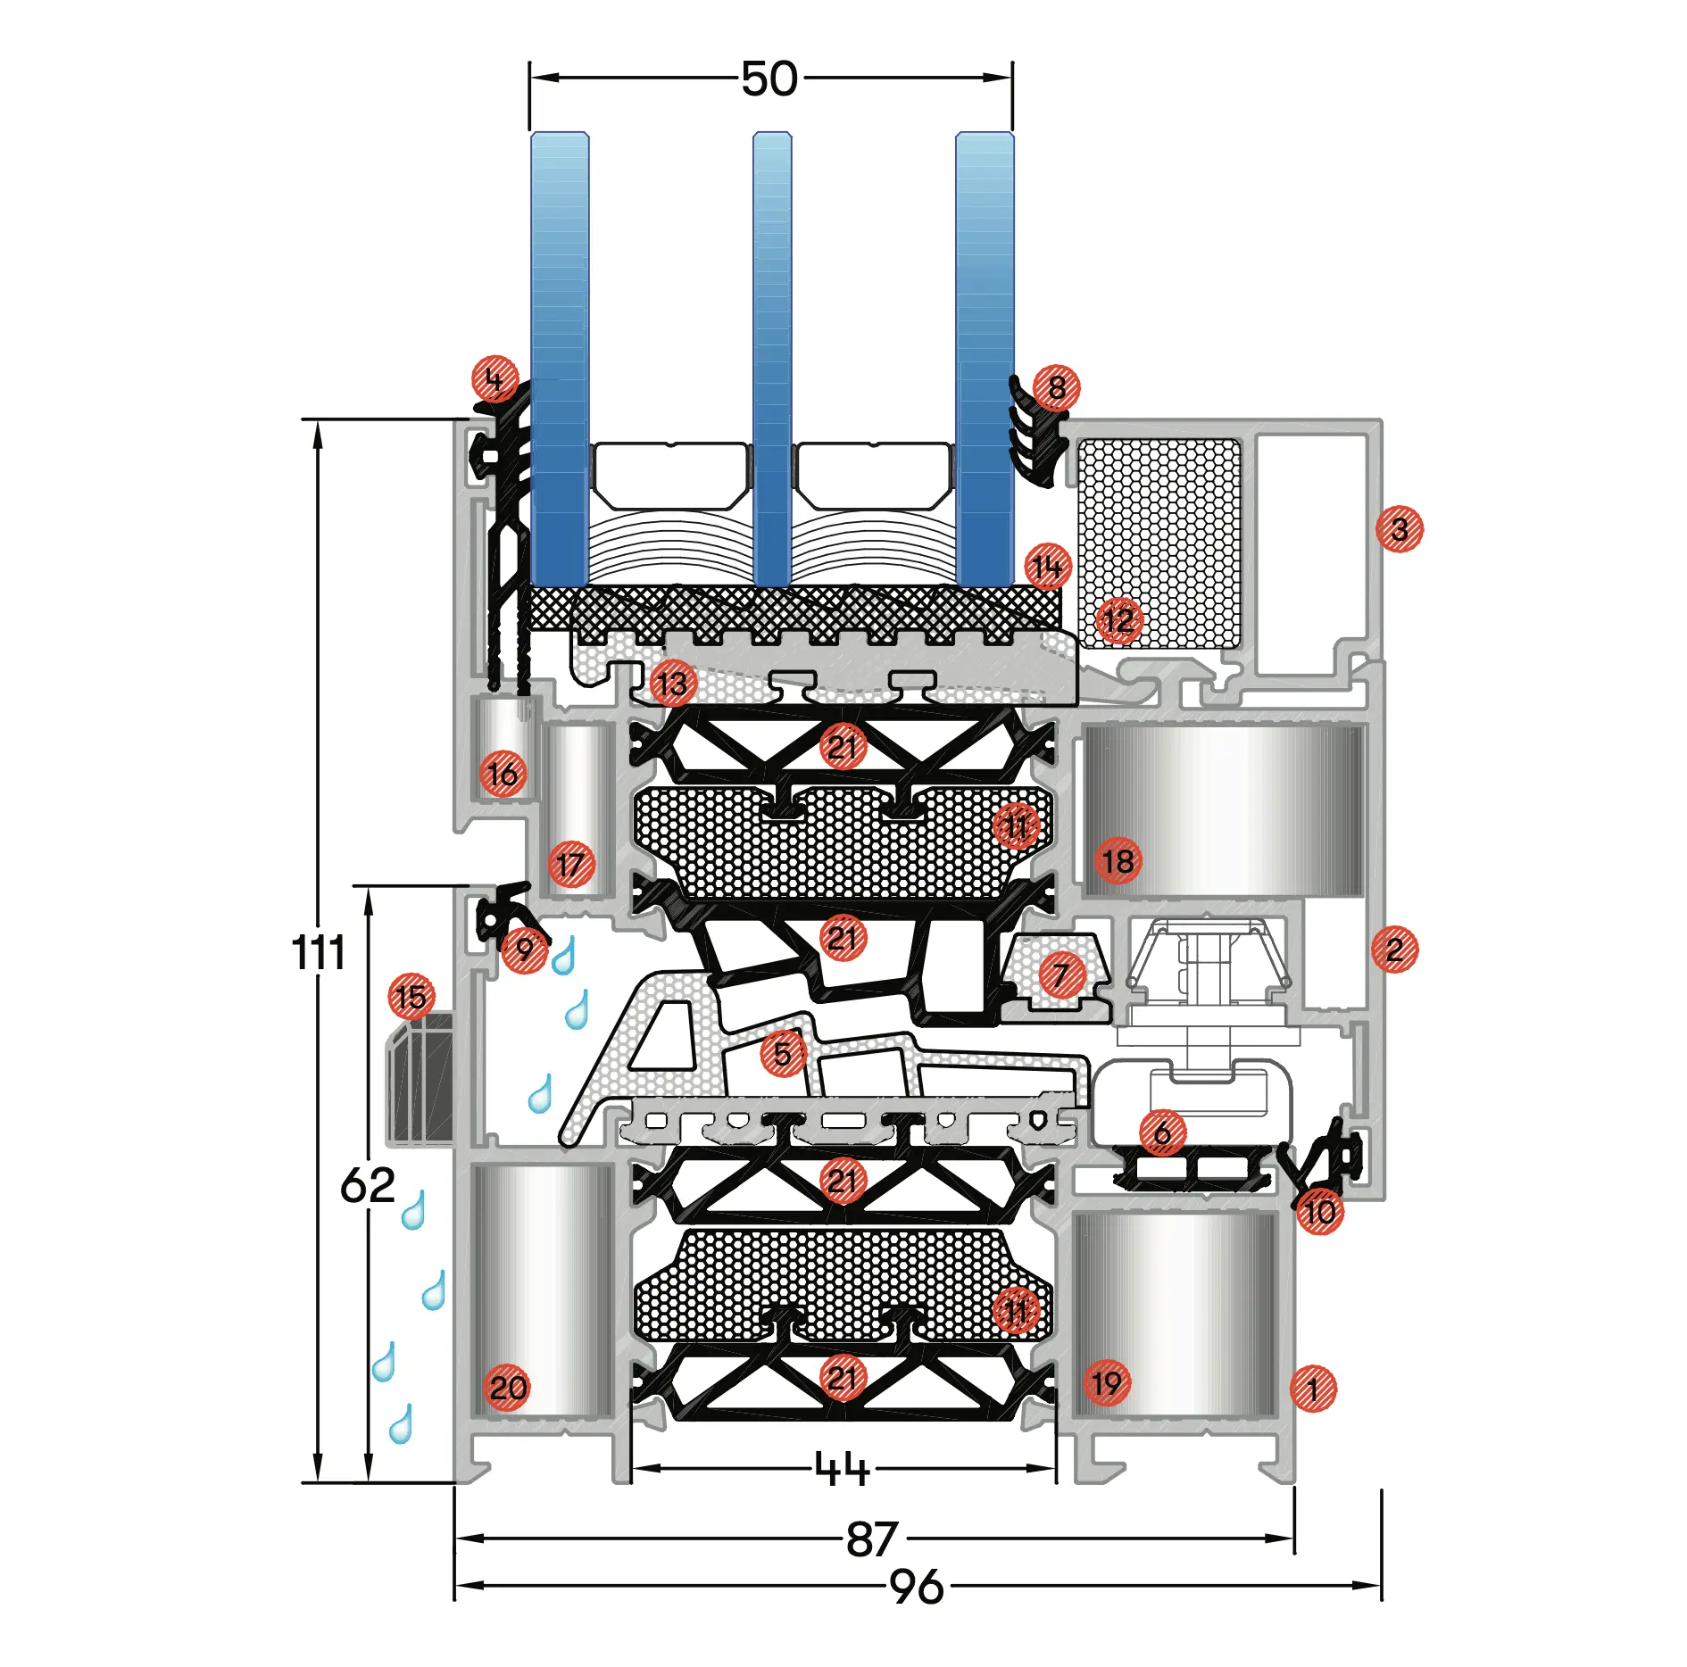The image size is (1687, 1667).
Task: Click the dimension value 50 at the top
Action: tap(769, 79)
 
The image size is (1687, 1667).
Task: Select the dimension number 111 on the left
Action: tap(319, 952)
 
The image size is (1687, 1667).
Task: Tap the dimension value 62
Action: tap(368, 1185)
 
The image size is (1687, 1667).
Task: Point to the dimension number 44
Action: tap(843, 1468)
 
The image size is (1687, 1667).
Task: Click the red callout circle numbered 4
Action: tap(495, 379)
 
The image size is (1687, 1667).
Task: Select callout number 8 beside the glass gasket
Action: tap(1057, 387)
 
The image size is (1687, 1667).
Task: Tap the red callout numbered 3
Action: tap(1400, 528)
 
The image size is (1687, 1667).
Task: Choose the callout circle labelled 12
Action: tap(1118, 621)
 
